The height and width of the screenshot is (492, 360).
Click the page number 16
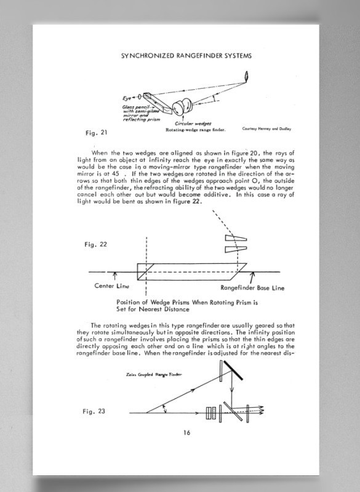coord(186,432)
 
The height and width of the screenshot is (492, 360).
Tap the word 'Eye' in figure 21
coord(127,98)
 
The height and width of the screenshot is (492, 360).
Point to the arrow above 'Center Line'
coord(114,276)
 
